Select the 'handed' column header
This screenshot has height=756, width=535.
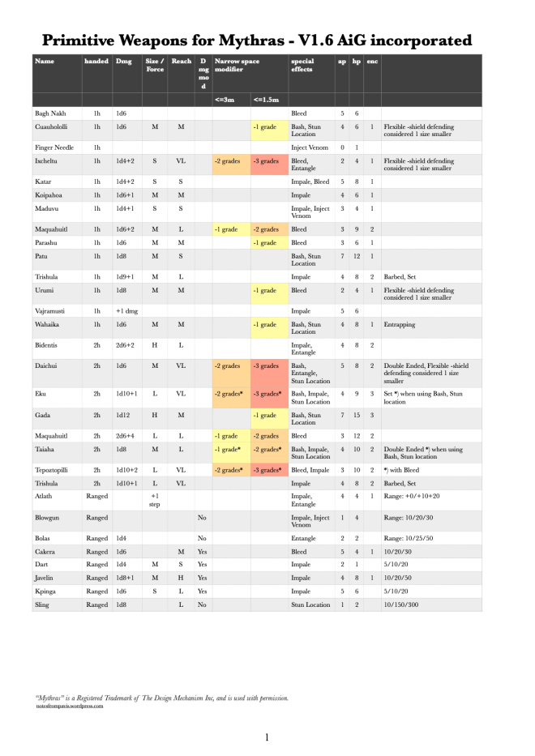pyautogui.click(x=96, y=61)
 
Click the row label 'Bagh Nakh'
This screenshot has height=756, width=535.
pyautogui.click(x=49, y=114)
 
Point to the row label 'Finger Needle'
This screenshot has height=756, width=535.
pyautogui.click(x=53, y=147)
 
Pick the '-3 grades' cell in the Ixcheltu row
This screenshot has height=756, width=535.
pyautogui.click(x=268, y=161)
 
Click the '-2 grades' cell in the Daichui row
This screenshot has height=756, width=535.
pyautogui.click(x=229, y=365)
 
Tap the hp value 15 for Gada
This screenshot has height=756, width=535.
pyautogui.click(x=357, y=415)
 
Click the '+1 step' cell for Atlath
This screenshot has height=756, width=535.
pyautogui.click(x=154, y=499)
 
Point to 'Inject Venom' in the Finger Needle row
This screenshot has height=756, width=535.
pyautogui.click(x=310, y=147)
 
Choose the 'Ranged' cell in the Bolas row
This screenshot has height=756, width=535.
pyautogui.click(x=96, y=537)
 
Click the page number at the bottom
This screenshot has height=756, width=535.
pyautogui.click(x=267, y=737)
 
